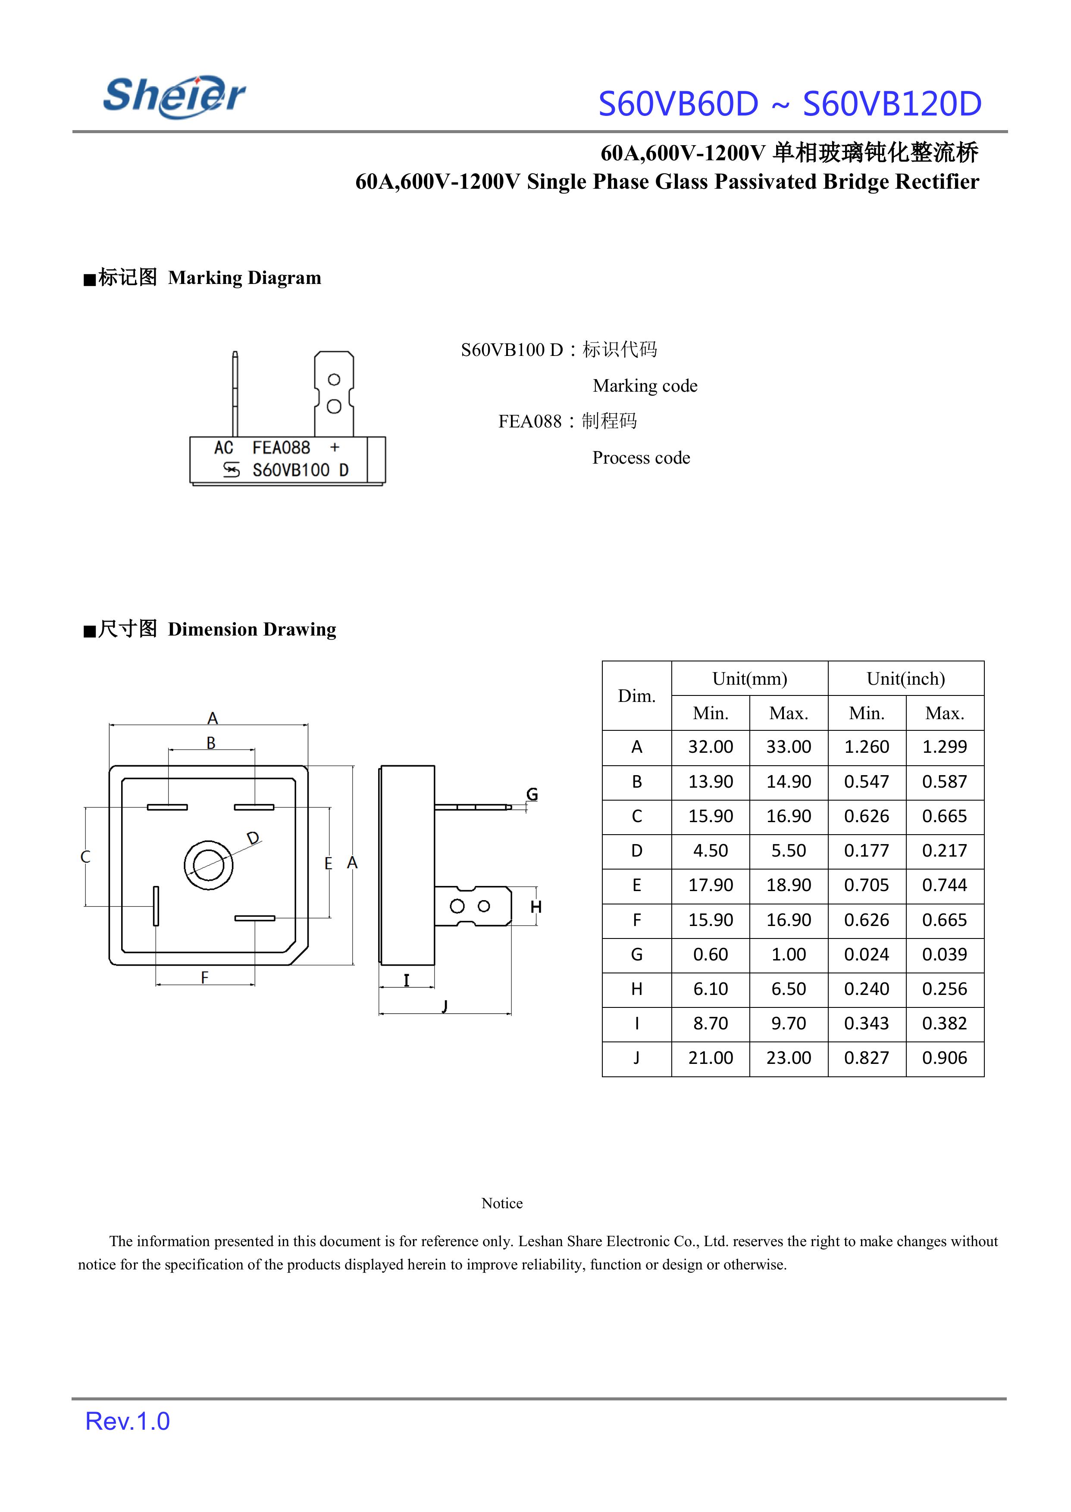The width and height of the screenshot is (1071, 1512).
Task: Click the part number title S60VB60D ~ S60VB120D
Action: (789, 104)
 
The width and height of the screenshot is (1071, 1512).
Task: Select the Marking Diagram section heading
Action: (203, 277)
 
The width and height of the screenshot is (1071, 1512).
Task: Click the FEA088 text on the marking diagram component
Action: (281, 448)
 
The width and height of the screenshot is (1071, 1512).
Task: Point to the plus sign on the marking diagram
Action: (335, 448)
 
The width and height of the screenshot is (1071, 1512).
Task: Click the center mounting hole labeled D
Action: (208, 865)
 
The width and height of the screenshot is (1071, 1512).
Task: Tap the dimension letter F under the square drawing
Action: (204, 977)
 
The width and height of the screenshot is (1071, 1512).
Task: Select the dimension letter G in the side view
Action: (532, 794)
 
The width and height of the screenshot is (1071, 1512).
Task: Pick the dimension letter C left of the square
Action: (85, 857)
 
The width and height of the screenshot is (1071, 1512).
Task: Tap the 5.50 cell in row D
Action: (788, 851)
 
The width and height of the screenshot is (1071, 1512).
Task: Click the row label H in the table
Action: (636, 988)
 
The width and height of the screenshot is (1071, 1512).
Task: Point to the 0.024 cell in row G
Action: (867, 954)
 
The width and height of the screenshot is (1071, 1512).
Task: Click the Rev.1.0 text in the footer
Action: (127, 1421)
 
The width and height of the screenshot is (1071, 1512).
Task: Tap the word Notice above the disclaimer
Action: (502, 1203)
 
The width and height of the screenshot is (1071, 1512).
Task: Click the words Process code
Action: (641, 458)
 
